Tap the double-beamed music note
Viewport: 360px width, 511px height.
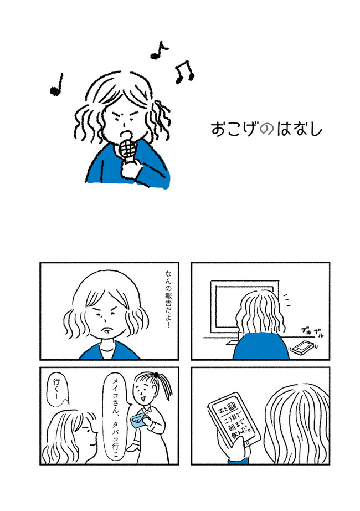(x=184, y=71)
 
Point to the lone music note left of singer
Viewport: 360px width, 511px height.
(x=56, y=85)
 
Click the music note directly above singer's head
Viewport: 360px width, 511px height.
(x=159, y=51)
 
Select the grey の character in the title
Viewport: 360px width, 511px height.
(x=266, y=129)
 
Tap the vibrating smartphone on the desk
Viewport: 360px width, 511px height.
(x=303, y=348)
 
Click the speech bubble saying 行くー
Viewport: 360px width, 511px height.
(x=58, y=390)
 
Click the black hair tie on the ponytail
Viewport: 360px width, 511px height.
(x=157, y=375)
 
